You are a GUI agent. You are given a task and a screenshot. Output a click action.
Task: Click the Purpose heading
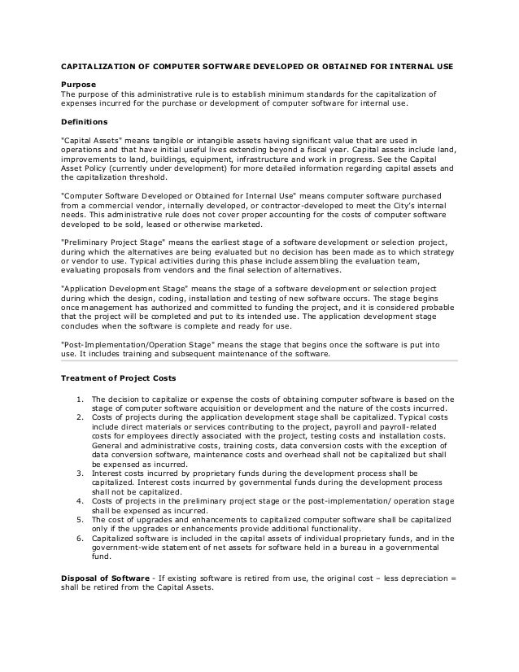pos(79,85)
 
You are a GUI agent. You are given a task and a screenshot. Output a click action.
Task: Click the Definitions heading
pos(85,121)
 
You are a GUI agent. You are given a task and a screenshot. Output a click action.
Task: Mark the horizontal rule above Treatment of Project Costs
pos(260,359)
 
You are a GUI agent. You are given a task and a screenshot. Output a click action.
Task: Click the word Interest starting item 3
pos(106,472)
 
